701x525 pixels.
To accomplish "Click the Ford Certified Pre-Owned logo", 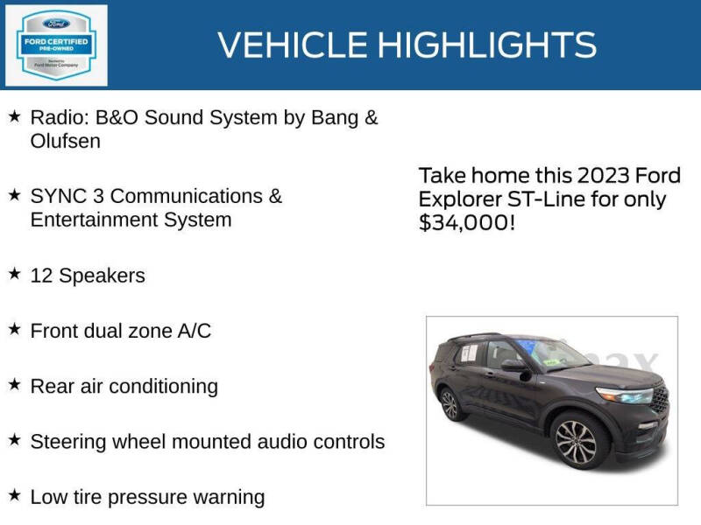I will pos(57,45).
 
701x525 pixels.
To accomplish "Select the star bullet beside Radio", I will pos(14,116).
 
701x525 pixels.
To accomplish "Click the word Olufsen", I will pos(66,141).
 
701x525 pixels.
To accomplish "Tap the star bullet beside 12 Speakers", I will pos(14,275).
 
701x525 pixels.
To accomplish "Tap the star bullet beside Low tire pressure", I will pos(14,496).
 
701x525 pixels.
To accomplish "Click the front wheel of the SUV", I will pos(575,443).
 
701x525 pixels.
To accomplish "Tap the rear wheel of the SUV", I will pos(450,405).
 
